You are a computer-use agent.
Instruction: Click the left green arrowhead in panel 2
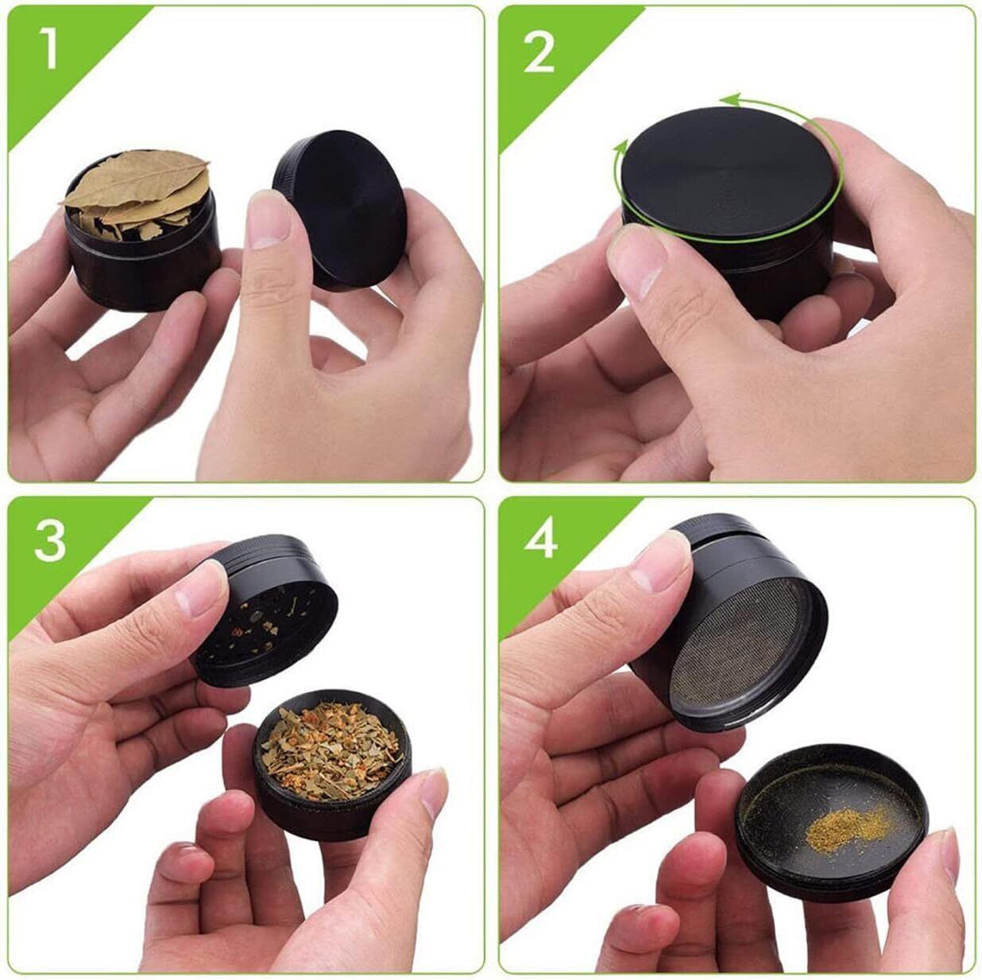point(621,149)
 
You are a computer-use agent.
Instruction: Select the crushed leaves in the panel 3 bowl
point(331,746)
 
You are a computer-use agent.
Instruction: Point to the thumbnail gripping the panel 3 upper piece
point(200,585)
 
